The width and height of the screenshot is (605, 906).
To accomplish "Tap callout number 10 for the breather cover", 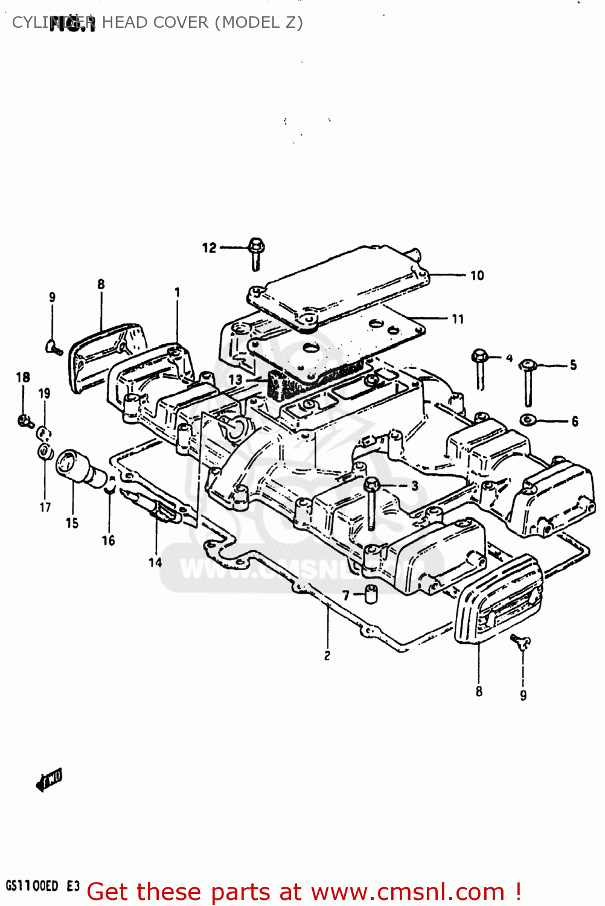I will pos(477,276).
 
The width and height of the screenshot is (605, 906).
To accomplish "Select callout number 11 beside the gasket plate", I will pos(458,319).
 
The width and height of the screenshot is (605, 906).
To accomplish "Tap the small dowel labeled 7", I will pos(370,594).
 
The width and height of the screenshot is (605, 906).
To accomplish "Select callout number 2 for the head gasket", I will pos(327,656).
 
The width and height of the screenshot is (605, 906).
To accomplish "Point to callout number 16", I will pos(108,541).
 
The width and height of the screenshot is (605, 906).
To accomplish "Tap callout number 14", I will pos(155,562).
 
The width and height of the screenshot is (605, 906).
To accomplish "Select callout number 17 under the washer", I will pos(45,507).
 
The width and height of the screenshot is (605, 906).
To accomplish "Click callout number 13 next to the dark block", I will pos(235,380).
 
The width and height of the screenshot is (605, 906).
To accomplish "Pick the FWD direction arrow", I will pos(49,780).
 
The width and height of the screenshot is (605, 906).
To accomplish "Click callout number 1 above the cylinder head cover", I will pos(177,292).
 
